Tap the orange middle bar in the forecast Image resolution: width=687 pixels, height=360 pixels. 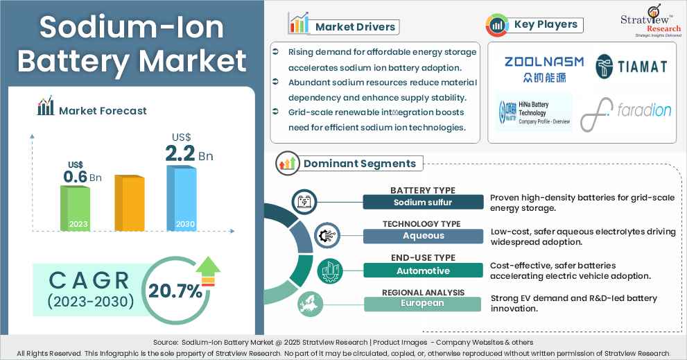click(128, 203)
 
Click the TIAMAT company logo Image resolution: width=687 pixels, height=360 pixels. click(632, 66)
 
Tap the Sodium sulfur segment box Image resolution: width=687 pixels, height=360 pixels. click(423, 203)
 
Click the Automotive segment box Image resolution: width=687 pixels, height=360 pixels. click(423, 271)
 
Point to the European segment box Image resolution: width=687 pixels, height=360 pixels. click(423, 304)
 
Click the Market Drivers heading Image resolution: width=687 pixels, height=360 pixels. click(354, 27)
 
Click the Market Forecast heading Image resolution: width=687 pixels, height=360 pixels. click(102, 110)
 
